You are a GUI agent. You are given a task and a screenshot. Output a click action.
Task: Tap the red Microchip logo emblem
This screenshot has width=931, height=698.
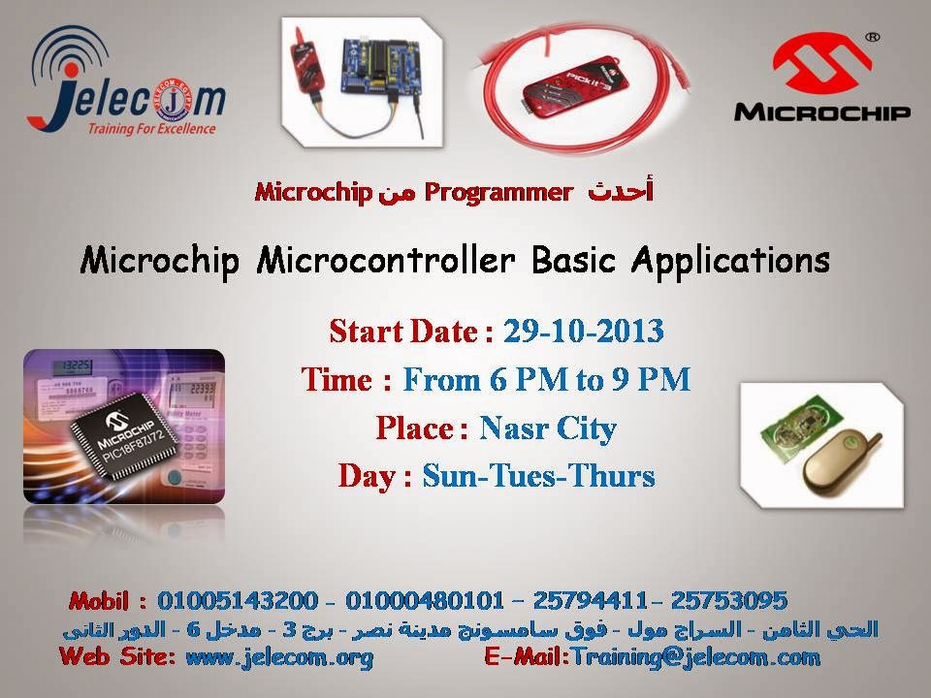pos(822,63)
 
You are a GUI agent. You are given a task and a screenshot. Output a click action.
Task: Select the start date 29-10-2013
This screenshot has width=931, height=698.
pos(584,332)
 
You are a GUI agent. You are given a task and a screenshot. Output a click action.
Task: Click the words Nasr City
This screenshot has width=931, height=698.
pos(548,428)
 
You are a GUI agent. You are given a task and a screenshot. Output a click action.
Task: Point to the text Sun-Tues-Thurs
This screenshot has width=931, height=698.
pos(538,476)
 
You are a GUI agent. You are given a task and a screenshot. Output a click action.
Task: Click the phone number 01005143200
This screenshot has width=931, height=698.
pos(238,601)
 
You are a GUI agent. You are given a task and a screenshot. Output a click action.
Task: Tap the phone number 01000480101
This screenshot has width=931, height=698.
pos(425,601)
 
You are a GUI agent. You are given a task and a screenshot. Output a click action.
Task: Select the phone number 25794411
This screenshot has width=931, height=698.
pos(590,601)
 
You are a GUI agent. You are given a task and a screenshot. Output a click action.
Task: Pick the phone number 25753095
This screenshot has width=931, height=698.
pos(729,601)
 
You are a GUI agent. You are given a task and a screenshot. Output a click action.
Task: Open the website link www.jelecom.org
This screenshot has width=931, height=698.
pos(279,657)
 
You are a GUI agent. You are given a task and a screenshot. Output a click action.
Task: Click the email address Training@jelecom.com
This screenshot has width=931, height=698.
pos(695,657)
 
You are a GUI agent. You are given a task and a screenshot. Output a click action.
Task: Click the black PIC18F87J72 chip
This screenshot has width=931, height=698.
pos(124,435)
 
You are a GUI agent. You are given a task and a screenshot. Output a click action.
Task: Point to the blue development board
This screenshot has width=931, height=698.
pos(380,64)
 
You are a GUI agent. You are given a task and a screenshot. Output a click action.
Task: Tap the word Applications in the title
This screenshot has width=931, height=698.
pos(730,261)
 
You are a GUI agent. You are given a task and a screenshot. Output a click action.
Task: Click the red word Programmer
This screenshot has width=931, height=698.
pos(498,192)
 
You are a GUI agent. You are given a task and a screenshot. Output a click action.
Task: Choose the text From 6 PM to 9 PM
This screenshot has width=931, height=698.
pos(547,380)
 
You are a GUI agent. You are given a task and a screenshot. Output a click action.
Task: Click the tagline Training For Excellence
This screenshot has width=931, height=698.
pos(151,129)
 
